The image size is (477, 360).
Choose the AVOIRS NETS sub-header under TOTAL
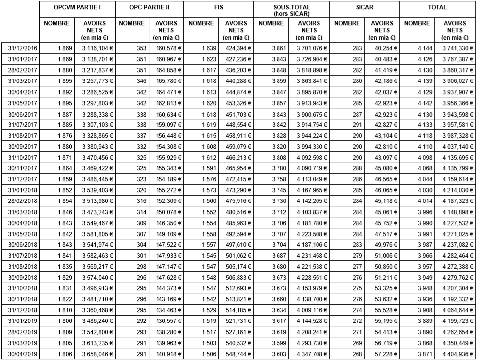pos(455,30)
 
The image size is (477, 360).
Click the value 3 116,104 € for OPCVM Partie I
pos(94,48)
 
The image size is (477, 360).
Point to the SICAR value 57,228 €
pos(383,354)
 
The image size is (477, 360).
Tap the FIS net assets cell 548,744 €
pos(237,354)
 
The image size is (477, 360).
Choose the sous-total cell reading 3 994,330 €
pos(310,147)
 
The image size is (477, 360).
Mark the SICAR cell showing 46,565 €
pos(383,179)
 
